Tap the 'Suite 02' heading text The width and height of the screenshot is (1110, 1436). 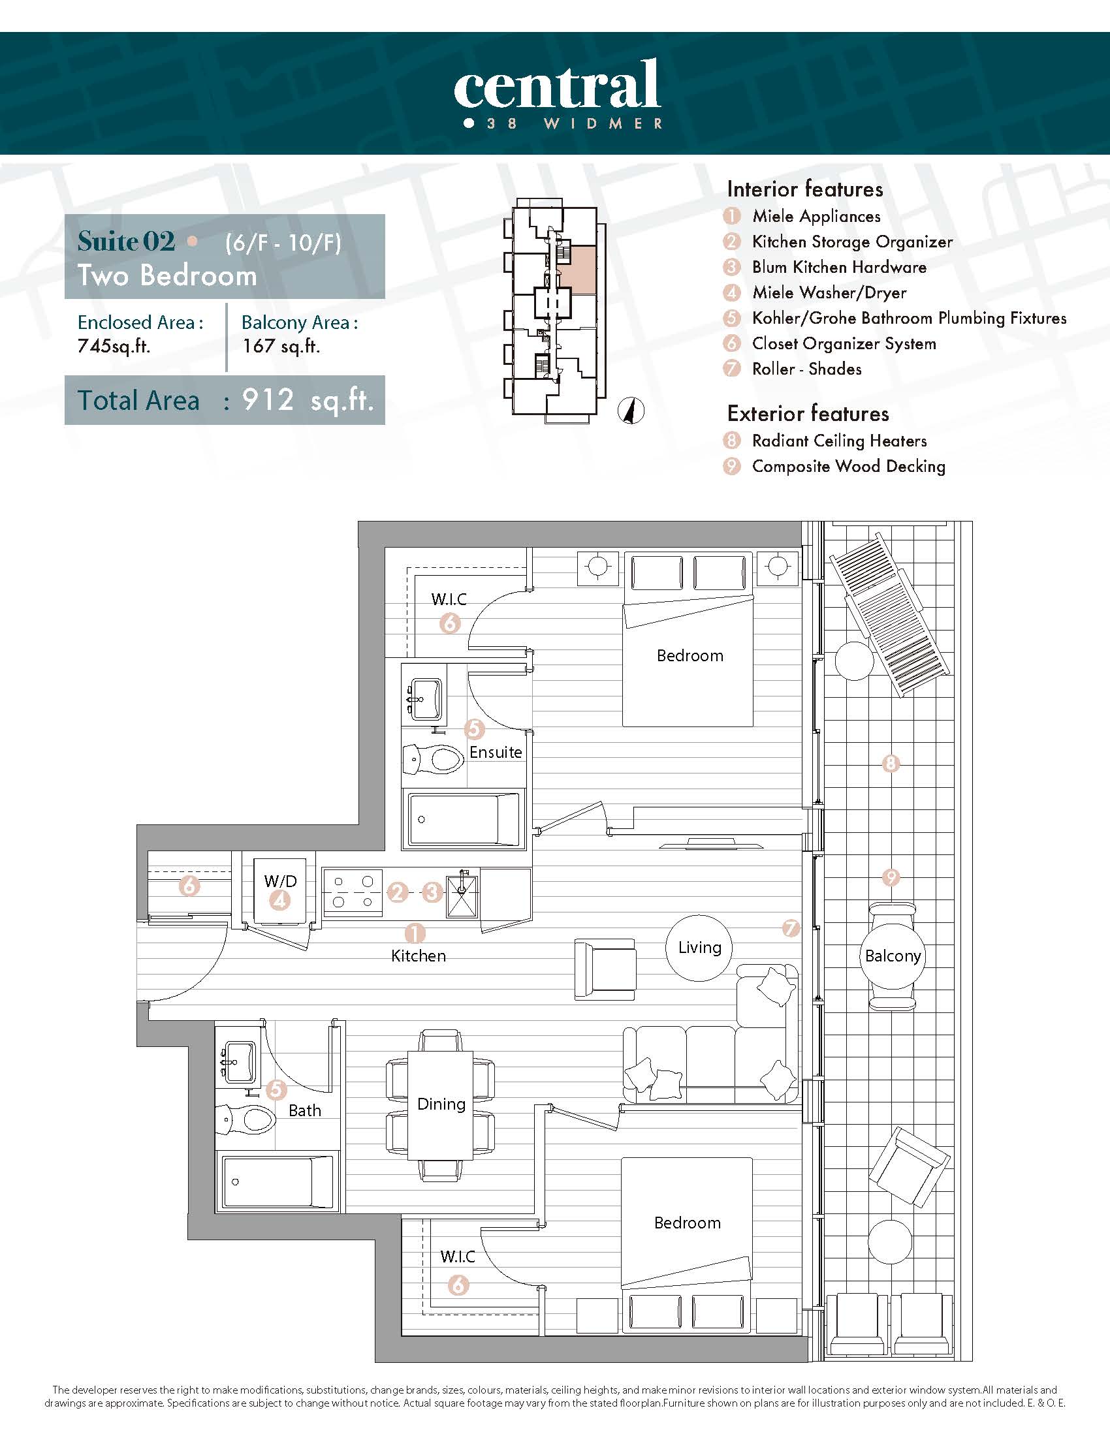(x=126, y=242)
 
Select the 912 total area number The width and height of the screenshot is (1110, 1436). (x=267, y=399)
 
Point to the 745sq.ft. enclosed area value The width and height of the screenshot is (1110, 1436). (x=114, y=346)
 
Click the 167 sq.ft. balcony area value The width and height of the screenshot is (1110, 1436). (x=281, y=346)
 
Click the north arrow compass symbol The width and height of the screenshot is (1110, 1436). (x=631, y=412)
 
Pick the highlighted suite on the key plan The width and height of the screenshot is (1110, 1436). (x=577, y=270)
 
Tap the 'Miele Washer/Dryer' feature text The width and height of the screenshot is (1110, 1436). (x=829, y=292)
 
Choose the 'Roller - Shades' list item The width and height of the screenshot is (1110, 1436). (x=807, y=369)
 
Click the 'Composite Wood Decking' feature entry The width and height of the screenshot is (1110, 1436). (x=849, y=466)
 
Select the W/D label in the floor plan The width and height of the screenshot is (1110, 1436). (x=280, y=881)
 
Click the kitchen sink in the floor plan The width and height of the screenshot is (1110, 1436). (x=462, y=893)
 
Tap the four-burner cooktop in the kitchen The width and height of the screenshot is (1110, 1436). (x=353, y=892)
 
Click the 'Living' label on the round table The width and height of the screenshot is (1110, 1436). (x=700, y=948)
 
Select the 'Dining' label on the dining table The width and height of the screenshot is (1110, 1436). (x=441, y=1104)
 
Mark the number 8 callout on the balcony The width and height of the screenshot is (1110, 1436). (x=891, y=764)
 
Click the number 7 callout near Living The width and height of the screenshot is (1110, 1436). (x=791, y=928)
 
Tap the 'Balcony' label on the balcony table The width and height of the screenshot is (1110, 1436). (x=893, y=956)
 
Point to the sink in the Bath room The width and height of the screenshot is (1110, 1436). (x=240, y=1062)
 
